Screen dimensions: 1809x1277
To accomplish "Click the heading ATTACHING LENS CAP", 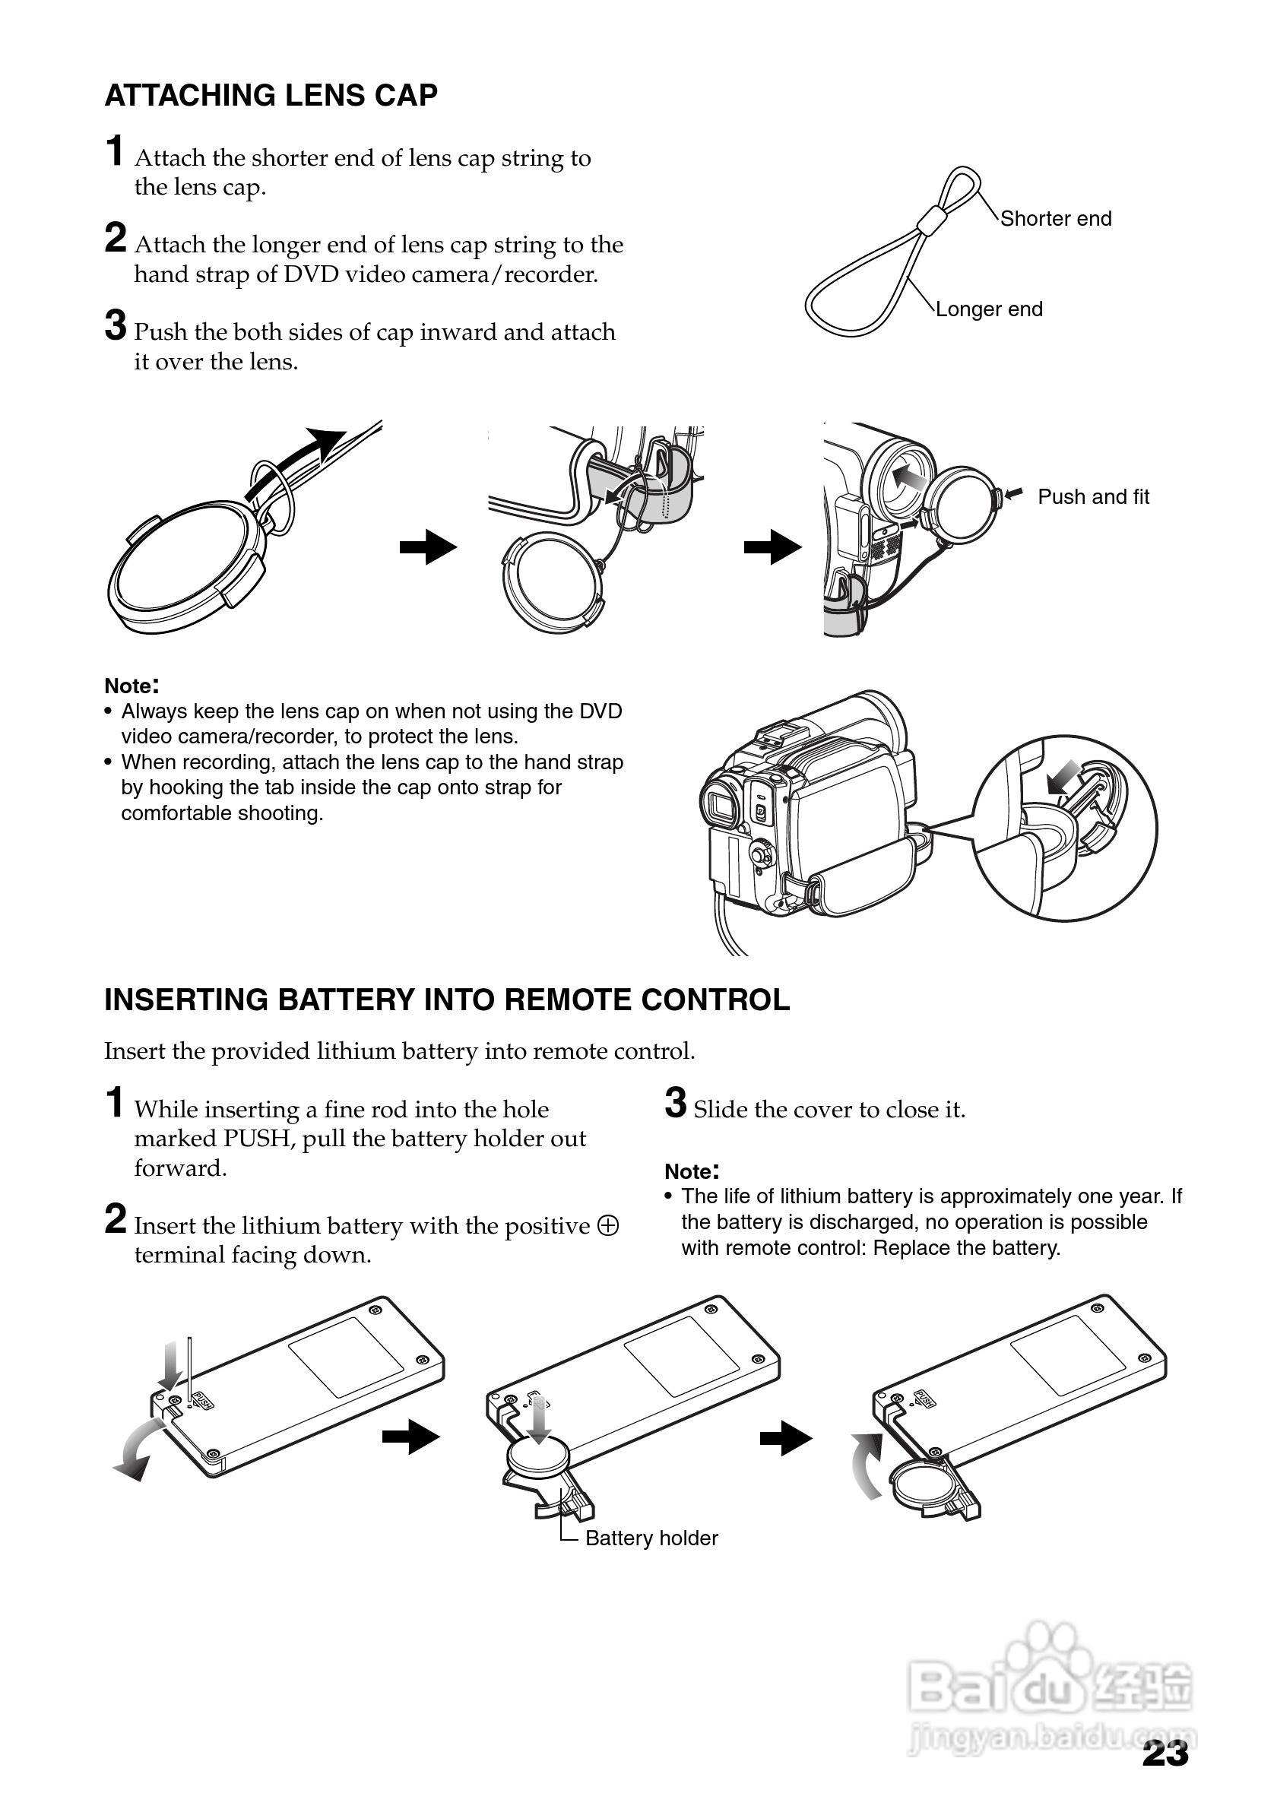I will tap(271, 95).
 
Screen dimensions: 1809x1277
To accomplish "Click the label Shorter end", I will tap(1056, 219).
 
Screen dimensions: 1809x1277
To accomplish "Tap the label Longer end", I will tap(989, 309).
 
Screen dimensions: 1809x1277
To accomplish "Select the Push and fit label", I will tap(1094, 497).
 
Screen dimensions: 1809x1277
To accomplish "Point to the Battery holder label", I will tap(651, 1538).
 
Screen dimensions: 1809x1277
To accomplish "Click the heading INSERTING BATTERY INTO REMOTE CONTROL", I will tap(447, 1000).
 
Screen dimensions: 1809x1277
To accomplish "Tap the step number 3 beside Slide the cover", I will tap(675, 1103).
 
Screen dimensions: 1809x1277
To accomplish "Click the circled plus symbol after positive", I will tap(608, 1226).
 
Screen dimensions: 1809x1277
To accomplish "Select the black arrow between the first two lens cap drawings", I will tap(428, 547).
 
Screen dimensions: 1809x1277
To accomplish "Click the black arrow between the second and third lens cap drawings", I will tap(772, 547).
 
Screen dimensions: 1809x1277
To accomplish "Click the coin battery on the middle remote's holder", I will tap(538, 1457).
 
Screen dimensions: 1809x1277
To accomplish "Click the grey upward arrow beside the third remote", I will tap(868, 1465).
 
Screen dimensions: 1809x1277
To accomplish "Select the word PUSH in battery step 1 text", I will tap(258, 1139).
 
